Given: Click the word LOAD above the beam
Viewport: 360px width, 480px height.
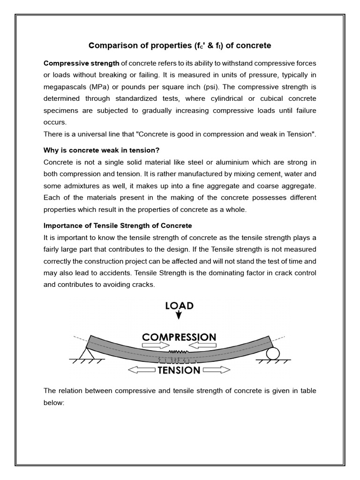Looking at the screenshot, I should pyautogui.click(x=179, y=306).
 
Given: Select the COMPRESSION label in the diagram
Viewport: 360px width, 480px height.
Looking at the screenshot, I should pyautogui.click(x=179, y=337).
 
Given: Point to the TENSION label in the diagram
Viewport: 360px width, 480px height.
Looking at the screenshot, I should pyautogui.click(x=179, y=370).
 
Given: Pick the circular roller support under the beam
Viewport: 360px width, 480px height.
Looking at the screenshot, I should pyautogui.click(x=272, y=353).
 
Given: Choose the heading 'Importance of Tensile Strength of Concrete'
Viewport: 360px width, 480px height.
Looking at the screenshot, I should pyautogui.click(x=118, y=225).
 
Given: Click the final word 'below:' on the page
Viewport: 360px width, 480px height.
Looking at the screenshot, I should pyautogui.click(x=53, y=402).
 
